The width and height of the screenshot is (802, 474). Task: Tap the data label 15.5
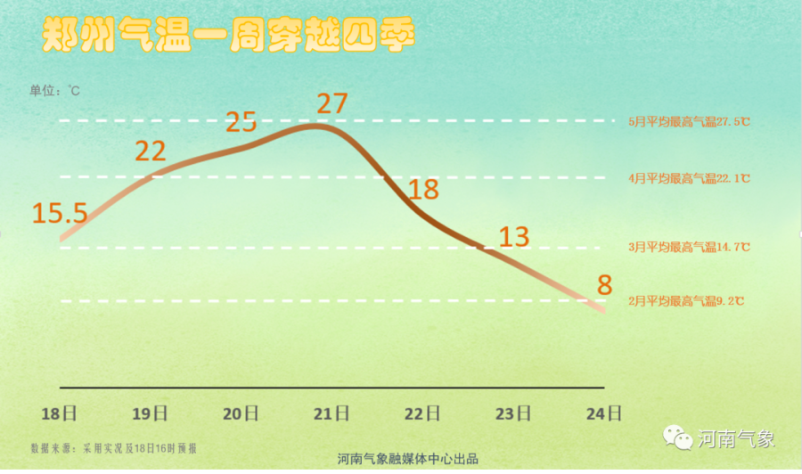point(60,214)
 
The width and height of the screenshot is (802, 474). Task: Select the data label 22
point(151,151)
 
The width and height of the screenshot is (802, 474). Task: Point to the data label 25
point(241,121)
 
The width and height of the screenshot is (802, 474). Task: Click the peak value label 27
point(331,103)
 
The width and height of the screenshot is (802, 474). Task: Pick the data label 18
point(423,190)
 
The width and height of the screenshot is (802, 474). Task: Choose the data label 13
point(514,237)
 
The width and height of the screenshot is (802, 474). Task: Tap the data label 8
point(605,285)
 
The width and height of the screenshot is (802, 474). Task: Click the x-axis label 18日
point(60,413)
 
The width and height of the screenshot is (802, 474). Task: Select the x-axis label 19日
point(150,413)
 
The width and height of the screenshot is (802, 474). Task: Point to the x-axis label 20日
point(241,413)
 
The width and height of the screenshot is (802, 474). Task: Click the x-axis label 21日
point(331,413)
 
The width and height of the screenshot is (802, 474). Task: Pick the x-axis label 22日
point(422,413)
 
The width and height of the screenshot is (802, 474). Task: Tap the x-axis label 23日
point(513,413)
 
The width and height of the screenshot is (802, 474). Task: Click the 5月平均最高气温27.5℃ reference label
point(689,121)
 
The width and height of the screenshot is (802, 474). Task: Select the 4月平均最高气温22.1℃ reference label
point(689,178)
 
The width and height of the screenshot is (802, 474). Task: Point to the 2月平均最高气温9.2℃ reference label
point(686,301)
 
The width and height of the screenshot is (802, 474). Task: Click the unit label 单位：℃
point(55,90)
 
